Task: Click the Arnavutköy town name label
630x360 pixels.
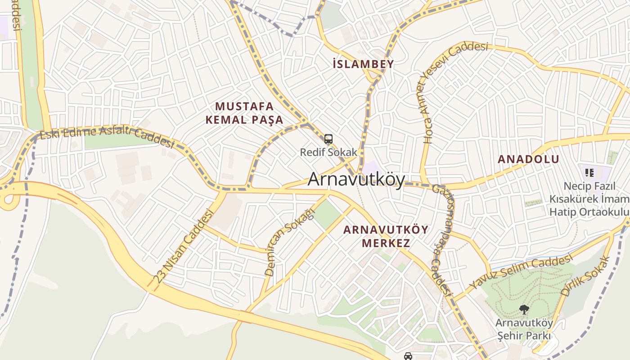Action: click(356, 179)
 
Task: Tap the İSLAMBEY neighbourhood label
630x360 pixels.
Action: click(363, 64)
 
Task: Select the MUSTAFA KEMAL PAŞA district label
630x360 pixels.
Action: click(244, 113)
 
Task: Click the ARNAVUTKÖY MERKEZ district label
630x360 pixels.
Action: click(386, 236)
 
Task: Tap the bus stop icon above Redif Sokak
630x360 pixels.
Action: click(328, 139)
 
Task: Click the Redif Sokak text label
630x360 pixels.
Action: click(328, 152)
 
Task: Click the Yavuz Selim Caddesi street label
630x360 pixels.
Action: click(521, 271)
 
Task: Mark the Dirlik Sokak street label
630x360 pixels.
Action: click(585, 275)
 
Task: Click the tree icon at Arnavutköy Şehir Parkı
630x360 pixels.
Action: click(524, 309)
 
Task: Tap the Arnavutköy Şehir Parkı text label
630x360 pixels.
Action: click(524, 329)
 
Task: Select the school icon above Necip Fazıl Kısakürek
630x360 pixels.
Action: click(589, 172)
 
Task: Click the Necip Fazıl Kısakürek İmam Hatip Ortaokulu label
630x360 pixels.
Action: click(589, 199)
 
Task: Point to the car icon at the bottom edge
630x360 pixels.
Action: click(408, 356)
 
